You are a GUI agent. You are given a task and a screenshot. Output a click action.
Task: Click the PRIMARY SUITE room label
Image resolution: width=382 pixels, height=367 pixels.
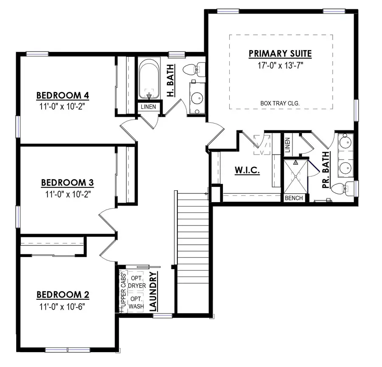[280, 54]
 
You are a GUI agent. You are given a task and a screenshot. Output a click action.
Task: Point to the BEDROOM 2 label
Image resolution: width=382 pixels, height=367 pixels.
[62, 294]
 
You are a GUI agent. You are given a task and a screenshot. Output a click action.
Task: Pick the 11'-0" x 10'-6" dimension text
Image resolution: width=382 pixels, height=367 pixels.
[62, 306]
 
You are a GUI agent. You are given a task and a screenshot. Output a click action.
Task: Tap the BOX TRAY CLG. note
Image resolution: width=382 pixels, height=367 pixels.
[281, 103]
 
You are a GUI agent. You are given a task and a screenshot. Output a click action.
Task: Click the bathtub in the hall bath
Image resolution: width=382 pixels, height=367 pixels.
[149, 79]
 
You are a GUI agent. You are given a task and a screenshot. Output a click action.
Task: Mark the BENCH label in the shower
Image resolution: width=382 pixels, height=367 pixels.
[294, 198]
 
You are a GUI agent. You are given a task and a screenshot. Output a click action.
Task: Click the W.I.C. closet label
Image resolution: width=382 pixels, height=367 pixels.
[247, 170]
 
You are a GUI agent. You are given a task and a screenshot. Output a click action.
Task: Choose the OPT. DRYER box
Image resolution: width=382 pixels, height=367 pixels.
[137, 282]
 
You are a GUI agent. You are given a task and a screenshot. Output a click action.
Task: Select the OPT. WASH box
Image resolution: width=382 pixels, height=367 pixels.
[136, 302]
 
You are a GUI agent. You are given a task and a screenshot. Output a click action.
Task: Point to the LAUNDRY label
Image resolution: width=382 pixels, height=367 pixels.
[154, 292]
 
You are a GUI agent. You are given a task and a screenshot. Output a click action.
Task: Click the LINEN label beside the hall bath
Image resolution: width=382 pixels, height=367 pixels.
[149, 107]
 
